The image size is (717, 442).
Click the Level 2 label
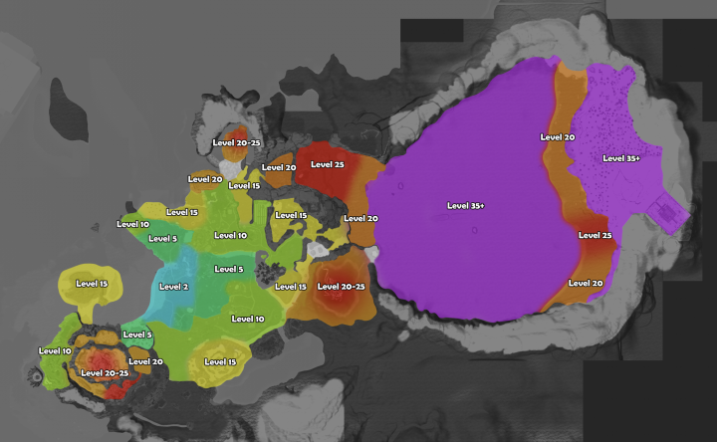[x=172, y=287]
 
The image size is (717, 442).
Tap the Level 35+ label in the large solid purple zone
[x=465, y=206]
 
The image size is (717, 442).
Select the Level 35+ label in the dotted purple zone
[x=622, y=158]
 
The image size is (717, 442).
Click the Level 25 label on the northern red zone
[x=327, y=164]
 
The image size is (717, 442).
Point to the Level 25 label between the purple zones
[x=595, y=236]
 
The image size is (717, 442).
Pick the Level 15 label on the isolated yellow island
[x=91, y=284]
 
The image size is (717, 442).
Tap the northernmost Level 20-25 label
[x=237, y=142]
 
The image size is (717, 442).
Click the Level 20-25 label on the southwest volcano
[x=105, y=372]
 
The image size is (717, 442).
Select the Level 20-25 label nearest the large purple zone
[x=341, y=287]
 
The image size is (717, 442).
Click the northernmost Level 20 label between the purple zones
[x=558, y=137]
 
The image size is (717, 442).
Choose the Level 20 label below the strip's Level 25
[x=586, y=283]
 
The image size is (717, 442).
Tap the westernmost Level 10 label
[x=55, y=350]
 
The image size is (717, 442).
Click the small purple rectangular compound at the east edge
[x=665, y=214]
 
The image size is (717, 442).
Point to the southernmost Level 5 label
[x=136, y=335]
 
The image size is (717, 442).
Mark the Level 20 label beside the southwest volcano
[x=145, y=361]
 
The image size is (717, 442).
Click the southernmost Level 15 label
[x=219, y=361]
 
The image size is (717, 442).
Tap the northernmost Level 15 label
[x=244, y=186]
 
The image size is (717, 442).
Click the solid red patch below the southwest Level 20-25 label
[x=116, y=390]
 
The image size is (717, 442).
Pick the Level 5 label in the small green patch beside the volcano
[x=136, y=335]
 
